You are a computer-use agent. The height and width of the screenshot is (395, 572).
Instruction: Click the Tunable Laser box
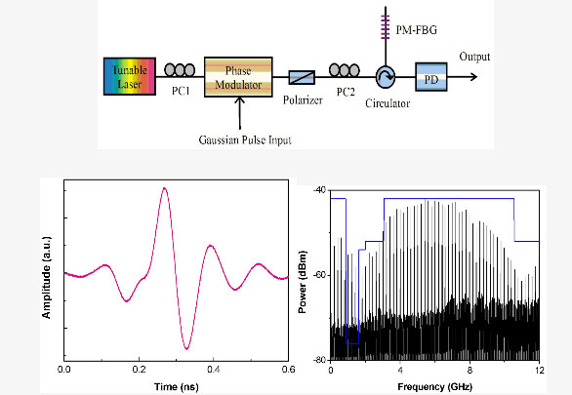[130, 76]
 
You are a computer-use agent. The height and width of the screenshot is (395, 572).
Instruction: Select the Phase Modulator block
[238, 77]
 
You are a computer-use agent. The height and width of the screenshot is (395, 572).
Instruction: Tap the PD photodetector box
[431, 77]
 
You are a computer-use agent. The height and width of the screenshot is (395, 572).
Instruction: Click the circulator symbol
[386, 77]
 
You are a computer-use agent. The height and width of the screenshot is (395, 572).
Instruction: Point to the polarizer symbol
[302, 77]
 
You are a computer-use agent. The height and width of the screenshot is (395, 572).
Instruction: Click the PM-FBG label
[416, 30]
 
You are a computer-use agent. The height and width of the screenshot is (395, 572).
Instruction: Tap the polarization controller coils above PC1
[180, 70]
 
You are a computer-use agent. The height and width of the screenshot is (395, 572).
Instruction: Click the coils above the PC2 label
[345, 70]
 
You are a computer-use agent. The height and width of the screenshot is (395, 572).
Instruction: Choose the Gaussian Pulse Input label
[245, 139]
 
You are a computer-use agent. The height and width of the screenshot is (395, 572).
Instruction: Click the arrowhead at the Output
[475, 77]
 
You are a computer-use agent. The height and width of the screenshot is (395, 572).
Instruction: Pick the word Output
[474, 57]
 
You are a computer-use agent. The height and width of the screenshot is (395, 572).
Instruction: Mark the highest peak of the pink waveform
[165, 188]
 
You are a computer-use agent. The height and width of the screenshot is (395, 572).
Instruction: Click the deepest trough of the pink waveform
[186, 349]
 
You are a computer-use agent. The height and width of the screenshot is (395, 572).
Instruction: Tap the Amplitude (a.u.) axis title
[46, 277]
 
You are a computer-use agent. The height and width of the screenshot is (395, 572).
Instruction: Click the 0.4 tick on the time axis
[214, 370]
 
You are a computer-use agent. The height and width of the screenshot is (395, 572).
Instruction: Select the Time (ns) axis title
[177, 386]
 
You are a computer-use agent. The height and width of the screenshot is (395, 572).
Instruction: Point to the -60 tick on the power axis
[319, 275]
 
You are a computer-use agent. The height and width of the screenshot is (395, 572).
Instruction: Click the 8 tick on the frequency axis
[470, 371]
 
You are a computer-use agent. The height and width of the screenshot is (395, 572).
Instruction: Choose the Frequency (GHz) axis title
[434, 386]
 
